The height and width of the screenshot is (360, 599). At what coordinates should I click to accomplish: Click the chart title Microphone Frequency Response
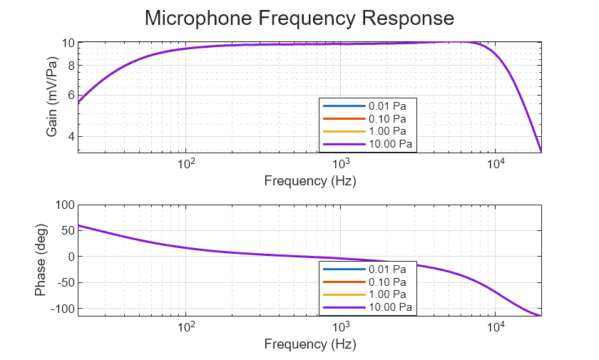(299, 18)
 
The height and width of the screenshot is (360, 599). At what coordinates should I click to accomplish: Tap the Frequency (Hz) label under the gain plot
(310, 181)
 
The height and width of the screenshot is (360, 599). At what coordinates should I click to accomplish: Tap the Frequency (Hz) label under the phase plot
(310, 344)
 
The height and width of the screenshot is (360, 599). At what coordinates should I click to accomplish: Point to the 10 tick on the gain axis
(68, 43)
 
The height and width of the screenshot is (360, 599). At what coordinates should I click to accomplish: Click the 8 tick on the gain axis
(71, 66)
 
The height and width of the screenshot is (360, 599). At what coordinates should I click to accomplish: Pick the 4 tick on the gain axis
(71, 137)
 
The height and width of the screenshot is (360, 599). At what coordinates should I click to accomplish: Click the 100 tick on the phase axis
(65, 205)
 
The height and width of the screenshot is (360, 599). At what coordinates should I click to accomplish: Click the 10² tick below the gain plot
(187, 163)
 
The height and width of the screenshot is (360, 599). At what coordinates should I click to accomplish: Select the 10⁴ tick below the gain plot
(496, 163)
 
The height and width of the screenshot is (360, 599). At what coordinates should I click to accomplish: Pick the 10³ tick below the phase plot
(342, 326)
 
